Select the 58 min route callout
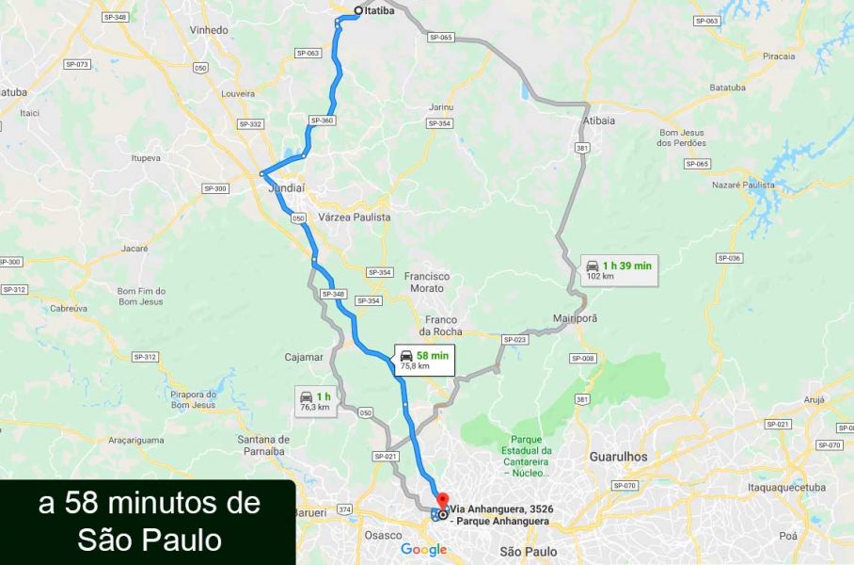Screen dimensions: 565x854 click(x=423, y=360)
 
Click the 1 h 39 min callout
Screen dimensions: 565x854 click(x=618, y=270)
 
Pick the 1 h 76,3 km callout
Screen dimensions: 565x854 click(x=314, y=400)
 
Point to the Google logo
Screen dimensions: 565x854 click(x=423, y=550)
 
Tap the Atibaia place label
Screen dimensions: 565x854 click(x=598, y=121)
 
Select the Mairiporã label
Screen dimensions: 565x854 click(x=575, y=318)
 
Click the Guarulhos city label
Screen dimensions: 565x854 click(x=618, y=456)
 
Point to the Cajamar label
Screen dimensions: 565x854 click(x=304, y=358)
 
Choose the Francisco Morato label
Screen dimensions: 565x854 click(x=427, y=282)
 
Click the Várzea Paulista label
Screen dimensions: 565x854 click(x=355, y=218)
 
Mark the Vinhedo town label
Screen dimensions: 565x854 click(x=209, y=30)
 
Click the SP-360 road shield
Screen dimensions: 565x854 click(x=322, y=121)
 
